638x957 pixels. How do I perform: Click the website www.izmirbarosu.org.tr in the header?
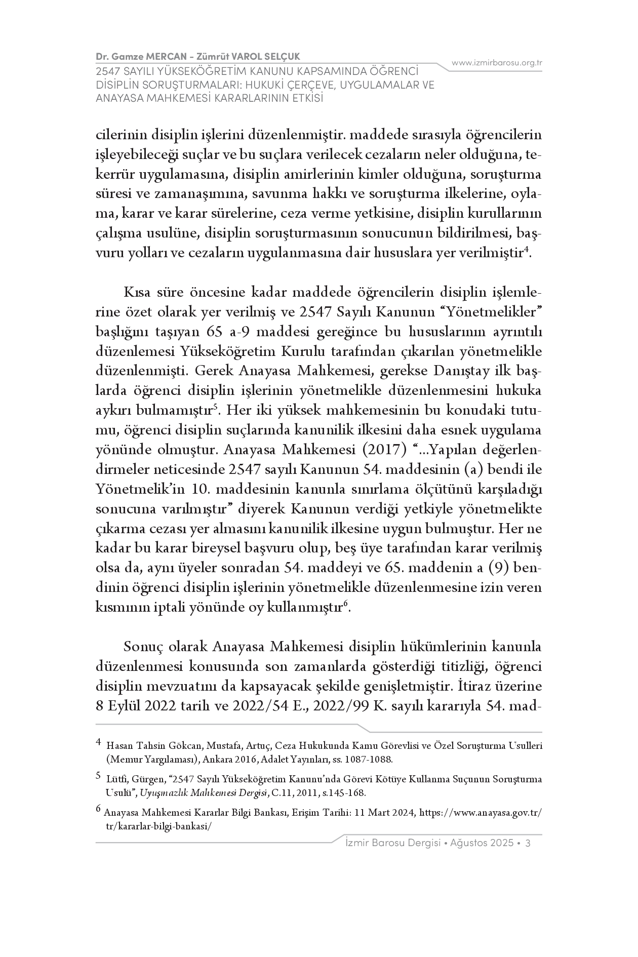coord(497,63)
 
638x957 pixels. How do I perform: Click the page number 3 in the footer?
coord(528,843)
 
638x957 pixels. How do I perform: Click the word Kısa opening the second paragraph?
coord(138,292)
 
